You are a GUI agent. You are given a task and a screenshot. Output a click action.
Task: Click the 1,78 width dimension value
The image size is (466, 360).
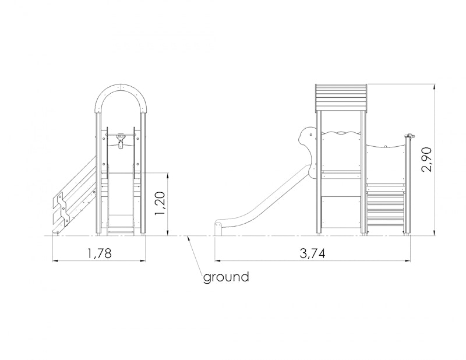click(x=99, y=253)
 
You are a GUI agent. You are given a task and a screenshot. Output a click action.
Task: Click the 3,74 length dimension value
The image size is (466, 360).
click(x=312, y=253)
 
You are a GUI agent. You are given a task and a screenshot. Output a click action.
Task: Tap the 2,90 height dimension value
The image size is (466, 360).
click(x=427, y=160)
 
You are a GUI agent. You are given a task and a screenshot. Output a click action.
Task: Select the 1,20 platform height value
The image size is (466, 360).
click(x=160, y=204)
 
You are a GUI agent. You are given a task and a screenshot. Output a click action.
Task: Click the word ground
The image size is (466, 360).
click(x=226, y=277)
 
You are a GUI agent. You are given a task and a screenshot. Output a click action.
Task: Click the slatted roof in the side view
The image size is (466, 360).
click(x=341, y=97)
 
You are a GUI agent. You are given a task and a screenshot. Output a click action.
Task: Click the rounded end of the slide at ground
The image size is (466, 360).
click(x=218, y=228)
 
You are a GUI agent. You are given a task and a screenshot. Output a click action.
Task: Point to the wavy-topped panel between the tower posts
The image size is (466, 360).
click(x=341, y=151)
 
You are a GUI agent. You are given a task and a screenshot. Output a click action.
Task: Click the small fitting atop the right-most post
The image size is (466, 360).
click(x=411, y=136)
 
